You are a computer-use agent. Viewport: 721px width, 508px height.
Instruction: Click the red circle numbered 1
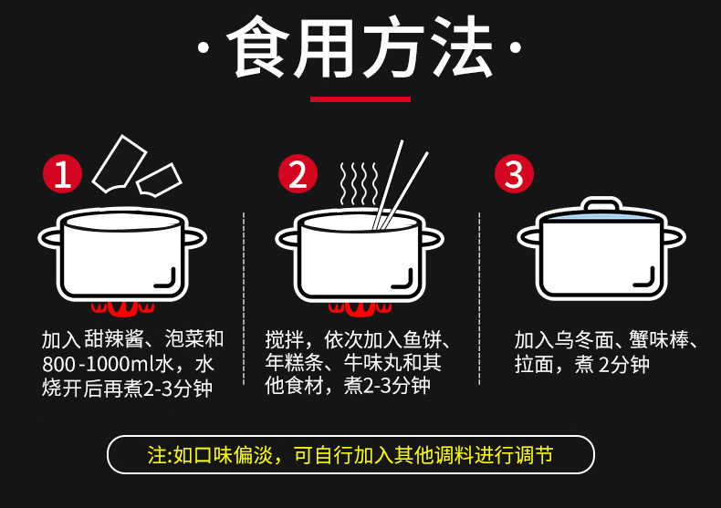click(x=63, y=173)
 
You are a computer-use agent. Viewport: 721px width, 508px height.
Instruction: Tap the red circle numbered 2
click(x=298, y=173)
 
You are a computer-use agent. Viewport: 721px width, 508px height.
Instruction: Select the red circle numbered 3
click(x=514, y=173)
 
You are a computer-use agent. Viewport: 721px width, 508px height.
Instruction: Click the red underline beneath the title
click(x=360, y=99)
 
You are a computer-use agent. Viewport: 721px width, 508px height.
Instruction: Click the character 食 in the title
click(x=258, y=47)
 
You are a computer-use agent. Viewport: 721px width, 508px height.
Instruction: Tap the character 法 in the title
click(x=462, y=46)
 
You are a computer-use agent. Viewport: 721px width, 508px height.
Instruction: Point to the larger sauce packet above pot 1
click(x=120, y=163)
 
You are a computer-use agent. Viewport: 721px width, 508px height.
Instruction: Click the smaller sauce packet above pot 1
click(x=159, y=180)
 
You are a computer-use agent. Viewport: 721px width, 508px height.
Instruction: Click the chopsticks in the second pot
click(x=400, y=184)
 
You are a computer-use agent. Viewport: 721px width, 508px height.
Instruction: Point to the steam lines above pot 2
click(x=359, y=183)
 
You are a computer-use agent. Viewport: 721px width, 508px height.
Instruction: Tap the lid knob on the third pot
click(x=601, y=204)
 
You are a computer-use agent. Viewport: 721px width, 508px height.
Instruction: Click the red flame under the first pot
click(x=122, y=308)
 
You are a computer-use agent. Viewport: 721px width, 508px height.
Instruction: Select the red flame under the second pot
click(x=360, y=308)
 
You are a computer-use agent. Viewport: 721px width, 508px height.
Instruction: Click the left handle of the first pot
click(x=49, y=238)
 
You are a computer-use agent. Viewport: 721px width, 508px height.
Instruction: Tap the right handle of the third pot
click(x=674, y=237)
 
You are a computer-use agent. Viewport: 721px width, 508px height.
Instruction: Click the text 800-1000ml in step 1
click(x=99, y=364)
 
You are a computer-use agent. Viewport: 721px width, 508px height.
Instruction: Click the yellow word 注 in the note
click(x=156, y=455)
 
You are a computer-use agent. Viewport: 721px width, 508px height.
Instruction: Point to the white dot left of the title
click(x=204, y=47)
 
